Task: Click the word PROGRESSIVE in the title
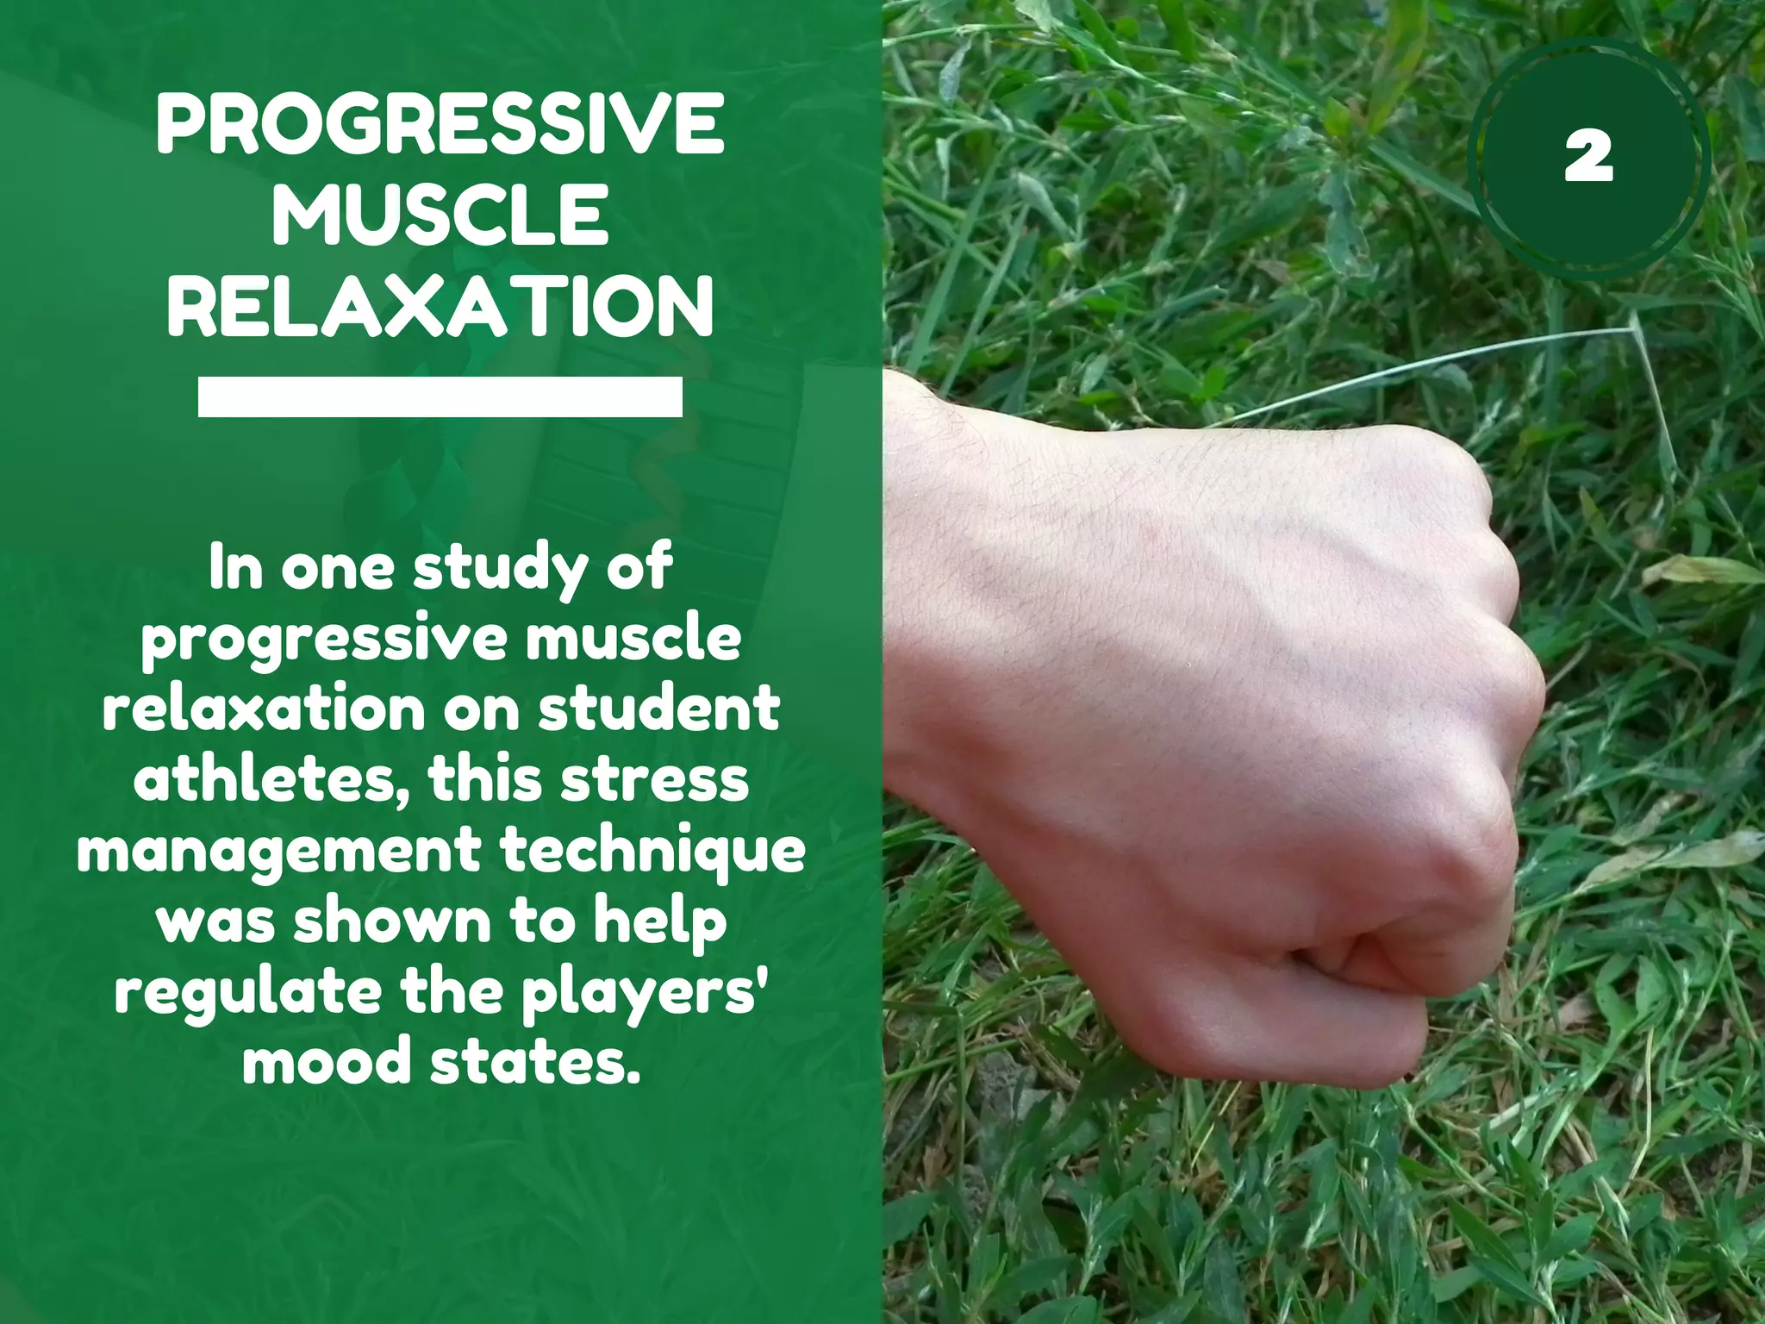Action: (440, 125)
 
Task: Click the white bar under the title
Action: (440, 397)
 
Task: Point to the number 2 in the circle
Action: (1588, 159)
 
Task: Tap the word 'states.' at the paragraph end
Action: (536, 1062)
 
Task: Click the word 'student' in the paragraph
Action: (659, 709)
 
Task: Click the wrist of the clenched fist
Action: (931, 586)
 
